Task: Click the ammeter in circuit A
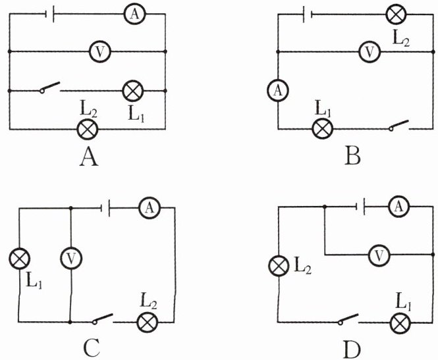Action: pos(134,14)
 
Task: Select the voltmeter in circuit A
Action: pos(99,51)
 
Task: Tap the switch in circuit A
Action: pos(50,88)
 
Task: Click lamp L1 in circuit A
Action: pos(133,91)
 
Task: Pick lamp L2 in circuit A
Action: pos(88,129)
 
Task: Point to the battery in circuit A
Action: pos(49,14)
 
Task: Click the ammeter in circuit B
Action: pos(278,90)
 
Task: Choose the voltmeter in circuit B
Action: pos(370,51)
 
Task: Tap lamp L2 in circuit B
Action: pos(396,14)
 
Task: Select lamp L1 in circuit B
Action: pos(322,128)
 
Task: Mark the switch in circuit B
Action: pos(398,126)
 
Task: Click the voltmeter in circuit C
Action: pos(71,258)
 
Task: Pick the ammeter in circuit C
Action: pos(150,207)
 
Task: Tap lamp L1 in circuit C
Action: pos(19,259)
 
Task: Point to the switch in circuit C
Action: pos(103,319)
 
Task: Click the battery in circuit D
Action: pos(360,207)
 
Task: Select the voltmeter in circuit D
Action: pos(379,255)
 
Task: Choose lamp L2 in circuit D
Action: pos(279,266)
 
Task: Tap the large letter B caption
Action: pos(352,156)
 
